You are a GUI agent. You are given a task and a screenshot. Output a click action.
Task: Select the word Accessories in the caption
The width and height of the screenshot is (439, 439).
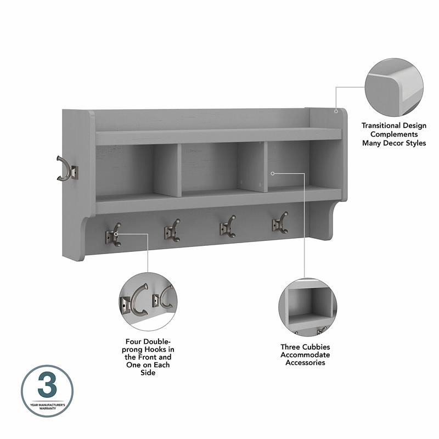(305, 363)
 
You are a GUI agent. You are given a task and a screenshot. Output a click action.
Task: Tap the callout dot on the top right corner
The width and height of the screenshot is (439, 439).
(336, 110)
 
